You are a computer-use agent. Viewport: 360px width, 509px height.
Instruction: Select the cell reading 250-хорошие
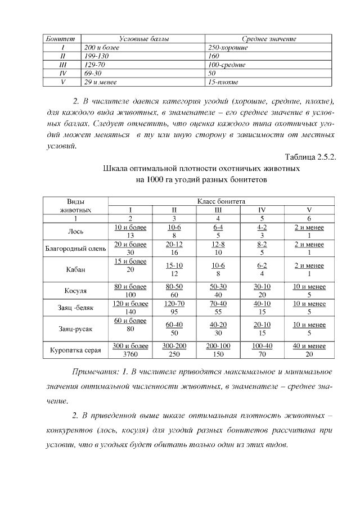[228, 47]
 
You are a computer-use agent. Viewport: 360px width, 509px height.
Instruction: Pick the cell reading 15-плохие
[223, 82]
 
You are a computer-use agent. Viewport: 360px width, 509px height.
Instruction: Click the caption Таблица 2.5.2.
[310, 157]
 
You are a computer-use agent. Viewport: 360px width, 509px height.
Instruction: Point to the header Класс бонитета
[220, 201]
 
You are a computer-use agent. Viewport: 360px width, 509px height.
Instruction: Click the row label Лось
[76, 231]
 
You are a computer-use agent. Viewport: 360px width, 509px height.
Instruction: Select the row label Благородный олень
[76, 249]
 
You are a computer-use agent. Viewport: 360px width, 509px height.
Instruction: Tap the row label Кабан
[76, 269]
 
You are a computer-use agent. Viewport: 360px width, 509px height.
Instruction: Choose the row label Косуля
[76, 290]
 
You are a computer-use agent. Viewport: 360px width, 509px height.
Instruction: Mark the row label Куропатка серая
[76, 350]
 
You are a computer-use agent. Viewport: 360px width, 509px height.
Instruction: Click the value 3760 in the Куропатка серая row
[130, 354]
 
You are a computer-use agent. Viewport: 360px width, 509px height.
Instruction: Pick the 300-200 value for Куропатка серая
[174, 346]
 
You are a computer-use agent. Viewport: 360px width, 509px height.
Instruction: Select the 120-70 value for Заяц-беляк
[174, 304]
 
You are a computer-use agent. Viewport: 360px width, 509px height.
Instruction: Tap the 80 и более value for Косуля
[130, 286]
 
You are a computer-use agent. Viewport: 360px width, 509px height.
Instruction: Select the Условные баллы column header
[144, 39]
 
